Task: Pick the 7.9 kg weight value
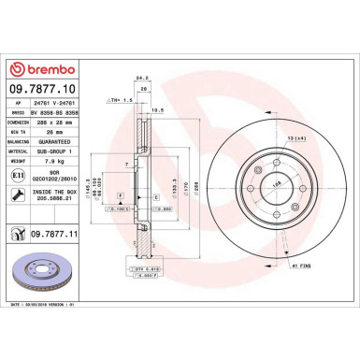pos(57,159)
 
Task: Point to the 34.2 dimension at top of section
pos(142,79)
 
